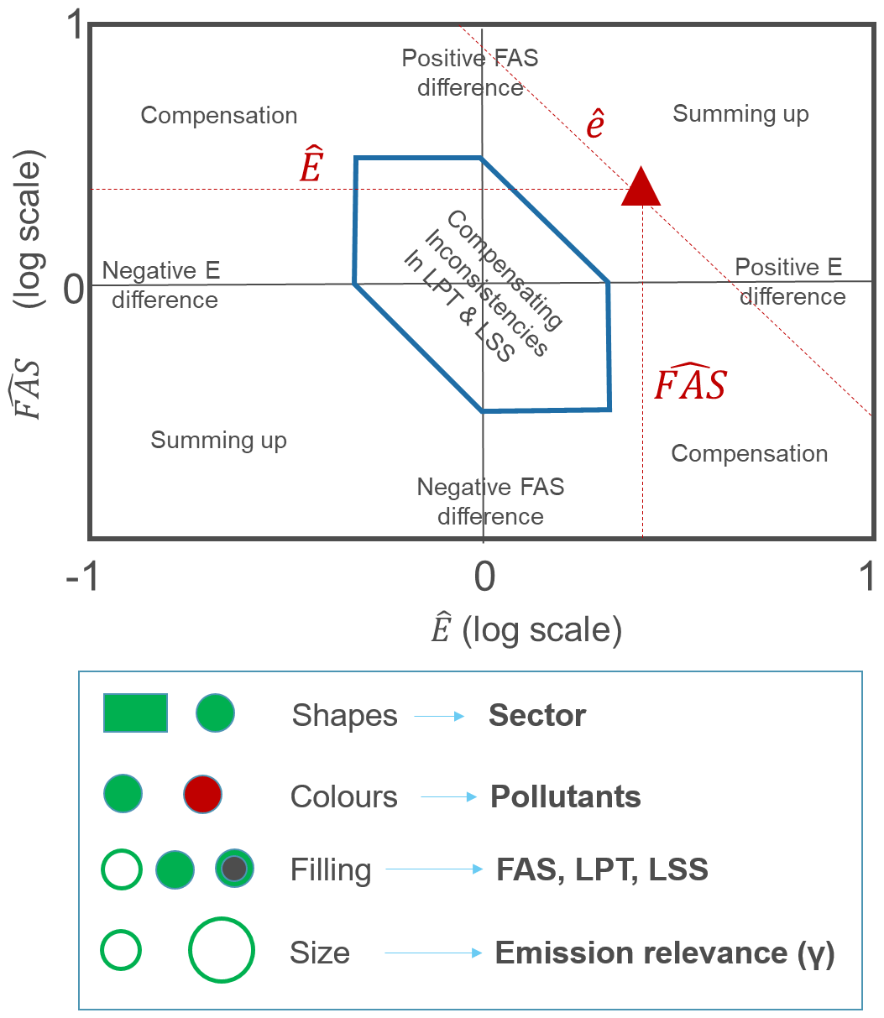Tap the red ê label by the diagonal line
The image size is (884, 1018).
pyautogui.click(x=595, y=124)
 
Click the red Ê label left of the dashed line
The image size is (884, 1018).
pyautogui.click(x=311, y=167)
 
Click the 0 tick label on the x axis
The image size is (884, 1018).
pyautogui.click(x=484, y=577)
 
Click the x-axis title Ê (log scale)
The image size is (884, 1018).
pyautogui.click(x=526, y=629)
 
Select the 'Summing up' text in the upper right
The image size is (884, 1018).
pyautogui.click(x=740, y=114)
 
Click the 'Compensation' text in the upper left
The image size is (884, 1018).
pyautogui.click(x=219, y=116)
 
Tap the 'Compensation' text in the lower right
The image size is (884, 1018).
pyautogui.click(x=749, y=454)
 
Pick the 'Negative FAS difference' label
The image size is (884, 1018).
pyautogui.click(x=490, y=501)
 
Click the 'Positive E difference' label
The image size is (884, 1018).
pyautogui.click(x=788, y=282)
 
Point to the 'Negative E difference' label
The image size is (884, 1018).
pyautogui.click(x=161, y=285)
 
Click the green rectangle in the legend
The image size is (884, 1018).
pyautogui.click(x=135, y=713)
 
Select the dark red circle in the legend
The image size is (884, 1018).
pyautogui.click(x=202, y=794)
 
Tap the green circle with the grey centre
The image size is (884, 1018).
pyautogui.click(x=234, y=869)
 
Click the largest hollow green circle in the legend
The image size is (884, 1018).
pyautogui.click(x=222, y=951)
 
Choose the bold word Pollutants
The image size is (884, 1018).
pyautogui.click(x=565, y=796)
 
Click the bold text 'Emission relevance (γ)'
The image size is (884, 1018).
pyautogui.click(x=664, y=953)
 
